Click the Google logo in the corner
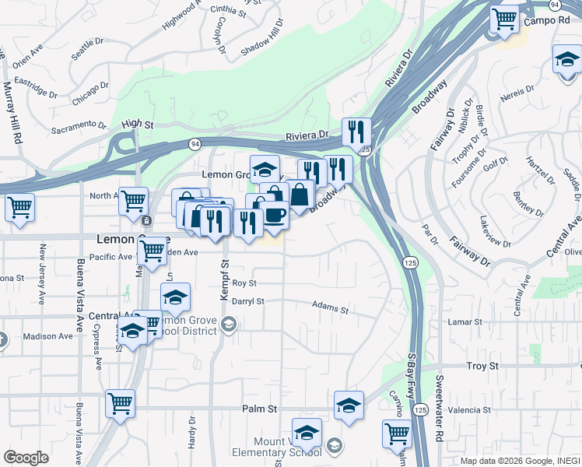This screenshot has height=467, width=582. click(26, 457)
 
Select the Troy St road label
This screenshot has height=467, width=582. click(482, 366)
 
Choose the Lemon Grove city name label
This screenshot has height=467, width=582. click(132, 240)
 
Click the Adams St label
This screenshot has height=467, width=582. click(330, 309)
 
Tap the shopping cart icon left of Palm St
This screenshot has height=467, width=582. click(120, 403)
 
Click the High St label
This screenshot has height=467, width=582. click(138, 124)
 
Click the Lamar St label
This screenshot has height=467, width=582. click(466, 321)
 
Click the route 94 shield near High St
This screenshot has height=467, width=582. click(194, 143)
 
